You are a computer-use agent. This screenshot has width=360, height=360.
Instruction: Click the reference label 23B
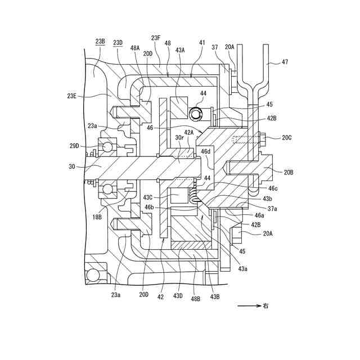click(x=100, y=42)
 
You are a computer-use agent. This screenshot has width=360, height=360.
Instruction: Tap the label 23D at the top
click(x=118, y=42)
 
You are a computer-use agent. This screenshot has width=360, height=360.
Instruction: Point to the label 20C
click(x=287, y=137)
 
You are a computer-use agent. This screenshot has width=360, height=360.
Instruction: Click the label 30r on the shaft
click(x=180, y=137)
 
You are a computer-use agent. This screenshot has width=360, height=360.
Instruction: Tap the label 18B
click(x=97, y=216)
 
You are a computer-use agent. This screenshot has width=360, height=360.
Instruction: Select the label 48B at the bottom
click(x=195, y=299)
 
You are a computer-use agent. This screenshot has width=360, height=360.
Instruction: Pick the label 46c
click(x=273, y=188)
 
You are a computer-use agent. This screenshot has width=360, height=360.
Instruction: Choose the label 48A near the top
click(x=135, y=48)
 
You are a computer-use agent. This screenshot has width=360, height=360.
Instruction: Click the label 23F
click(x=156, y=38)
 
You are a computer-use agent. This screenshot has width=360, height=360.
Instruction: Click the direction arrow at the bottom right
click(x=248, y=307)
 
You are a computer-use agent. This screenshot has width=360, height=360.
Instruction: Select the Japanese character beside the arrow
click(x=265, y=307)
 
